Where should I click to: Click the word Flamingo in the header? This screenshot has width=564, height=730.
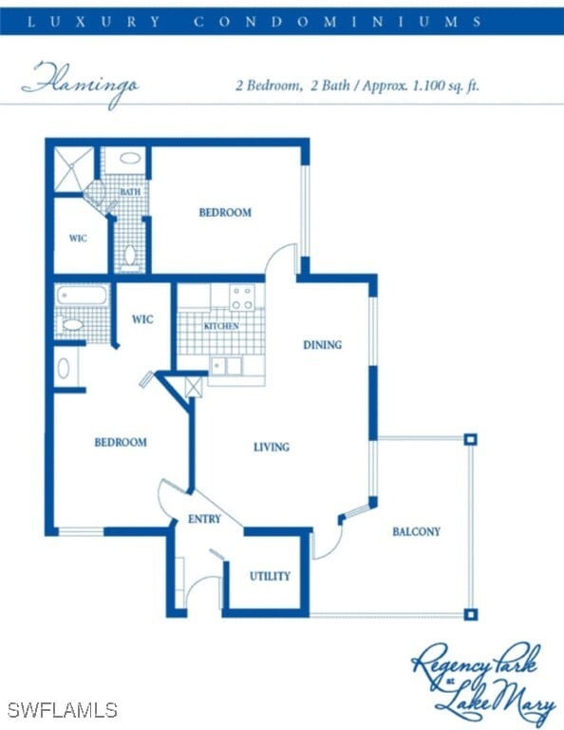[81, 84]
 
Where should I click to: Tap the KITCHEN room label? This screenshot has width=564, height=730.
[221, 326]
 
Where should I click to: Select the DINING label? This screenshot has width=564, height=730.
[322, 345]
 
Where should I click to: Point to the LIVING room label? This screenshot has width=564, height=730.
[271, 447]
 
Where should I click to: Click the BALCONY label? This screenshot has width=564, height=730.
[416, 531]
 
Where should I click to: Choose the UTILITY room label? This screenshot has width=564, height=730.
[270, 576]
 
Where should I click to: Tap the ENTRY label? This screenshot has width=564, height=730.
[204, 519]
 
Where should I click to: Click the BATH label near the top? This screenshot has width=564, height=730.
[130, 192]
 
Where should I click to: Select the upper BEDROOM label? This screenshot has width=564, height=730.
[225, 212]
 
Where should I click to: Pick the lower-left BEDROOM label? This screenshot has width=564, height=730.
[120, 442]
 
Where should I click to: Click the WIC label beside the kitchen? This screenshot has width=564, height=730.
[142, 319]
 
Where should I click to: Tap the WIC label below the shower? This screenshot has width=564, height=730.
[78, 238]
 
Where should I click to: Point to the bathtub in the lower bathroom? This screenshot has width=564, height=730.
[72, 296]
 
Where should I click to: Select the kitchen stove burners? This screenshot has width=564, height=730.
[242, 297]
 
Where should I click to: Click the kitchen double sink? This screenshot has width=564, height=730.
[226, 366]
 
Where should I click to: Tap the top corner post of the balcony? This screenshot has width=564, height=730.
[470, 439]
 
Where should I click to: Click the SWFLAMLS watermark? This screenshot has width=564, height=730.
[62, 710]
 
